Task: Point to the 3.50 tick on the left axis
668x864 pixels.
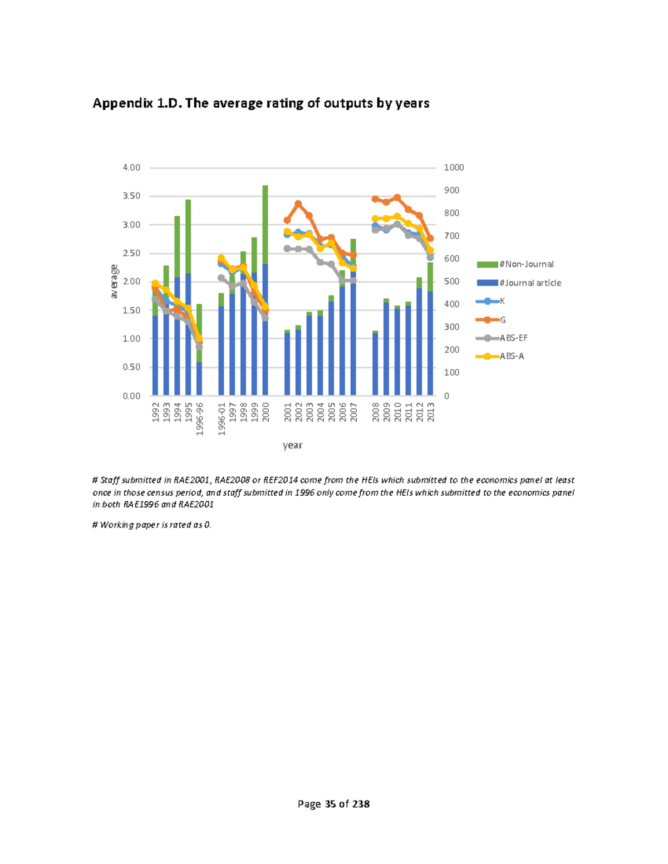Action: (131, 196)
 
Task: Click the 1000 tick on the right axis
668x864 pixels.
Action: (454, 167)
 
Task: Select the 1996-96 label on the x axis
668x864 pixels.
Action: (199, 418)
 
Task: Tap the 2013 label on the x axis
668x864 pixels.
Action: (430, 412)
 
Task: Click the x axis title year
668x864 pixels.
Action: (292, 445)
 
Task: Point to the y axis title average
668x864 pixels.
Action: (114, 282)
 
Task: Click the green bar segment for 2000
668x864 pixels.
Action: (265, 223)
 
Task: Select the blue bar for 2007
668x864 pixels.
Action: (353, 334)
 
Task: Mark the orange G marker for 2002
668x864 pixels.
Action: (298, 204)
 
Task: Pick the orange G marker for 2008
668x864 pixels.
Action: (375, 199)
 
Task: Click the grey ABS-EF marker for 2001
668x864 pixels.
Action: (287, 249)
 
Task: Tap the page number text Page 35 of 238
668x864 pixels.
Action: (333, 804)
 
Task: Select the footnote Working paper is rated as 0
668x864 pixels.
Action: (152, 525)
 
